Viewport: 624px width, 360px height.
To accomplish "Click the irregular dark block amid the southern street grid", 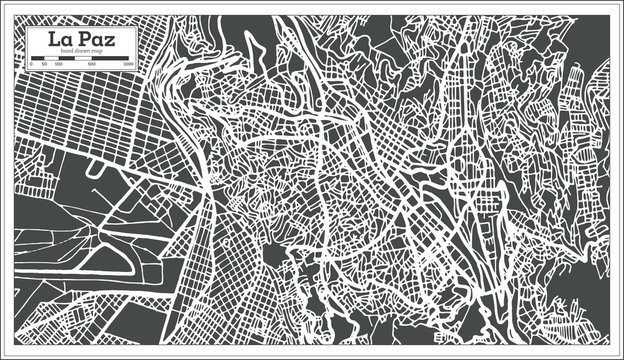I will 271,256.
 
